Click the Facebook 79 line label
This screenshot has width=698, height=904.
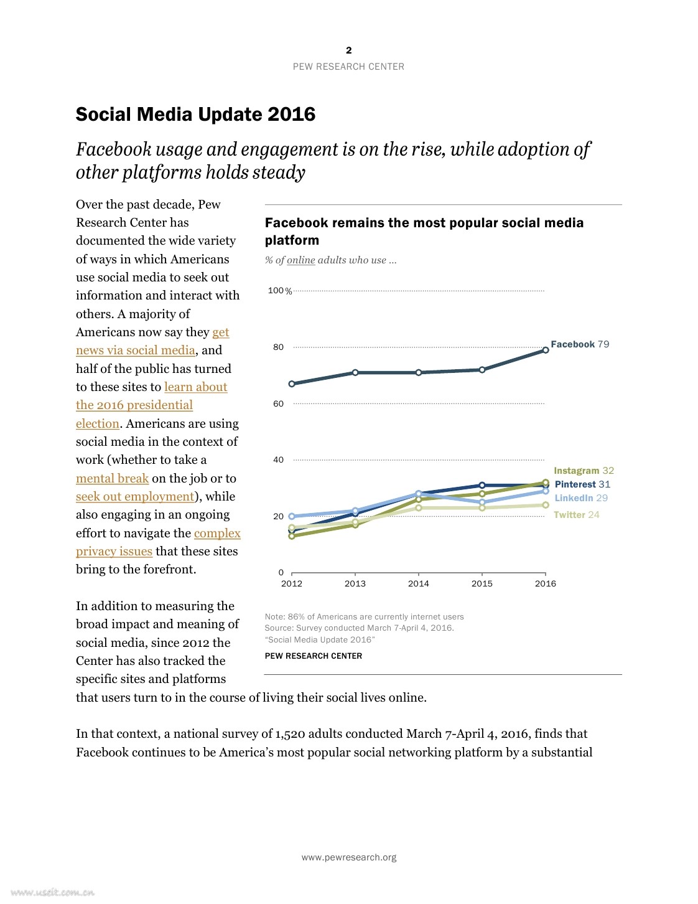pyautogui.click(x=580, y=344)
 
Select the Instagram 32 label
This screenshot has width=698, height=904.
pyautogui.click(x=584, y=471)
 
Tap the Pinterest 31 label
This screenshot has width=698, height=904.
pyautogui.click(x=582, y=484)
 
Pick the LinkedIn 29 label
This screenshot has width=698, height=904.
pyautogui.click(x=581, y=498)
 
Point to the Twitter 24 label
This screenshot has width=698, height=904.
pyautogui.click(x=576, y=515)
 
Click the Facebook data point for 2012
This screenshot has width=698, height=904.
pyautogui.click(x=292, y=384)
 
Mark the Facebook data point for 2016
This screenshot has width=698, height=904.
pyautogui.click(x=546, y=350)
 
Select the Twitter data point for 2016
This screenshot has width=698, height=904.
pyautogui.click(x=546, y=505)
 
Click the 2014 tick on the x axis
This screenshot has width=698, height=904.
pyautogui.click(x=419, y=583)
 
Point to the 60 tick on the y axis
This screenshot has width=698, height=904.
pyautogui.click(x=278, y=403)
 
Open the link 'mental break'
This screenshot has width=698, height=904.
pyautogui.click(x=112, y=478)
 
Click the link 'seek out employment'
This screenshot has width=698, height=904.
pyautogui.click(x=135, y=496)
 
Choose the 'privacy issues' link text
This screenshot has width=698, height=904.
pyautogui.click(x=114, y=551)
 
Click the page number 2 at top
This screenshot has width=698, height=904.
pyautogui.click(x=349, y=50)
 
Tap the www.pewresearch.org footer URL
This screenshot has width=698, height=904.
pyautogui.click(x=349, y=857)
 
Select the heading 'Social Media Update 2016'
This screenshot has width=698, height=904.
pyautogui.click(x=195, y=115)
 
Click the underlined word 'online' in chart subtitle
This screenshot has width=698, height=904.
pyautogui.click(x=301, y=260)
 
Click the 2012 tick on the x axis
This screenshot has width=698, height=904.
pyautogui.click(x=292, y=583)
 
